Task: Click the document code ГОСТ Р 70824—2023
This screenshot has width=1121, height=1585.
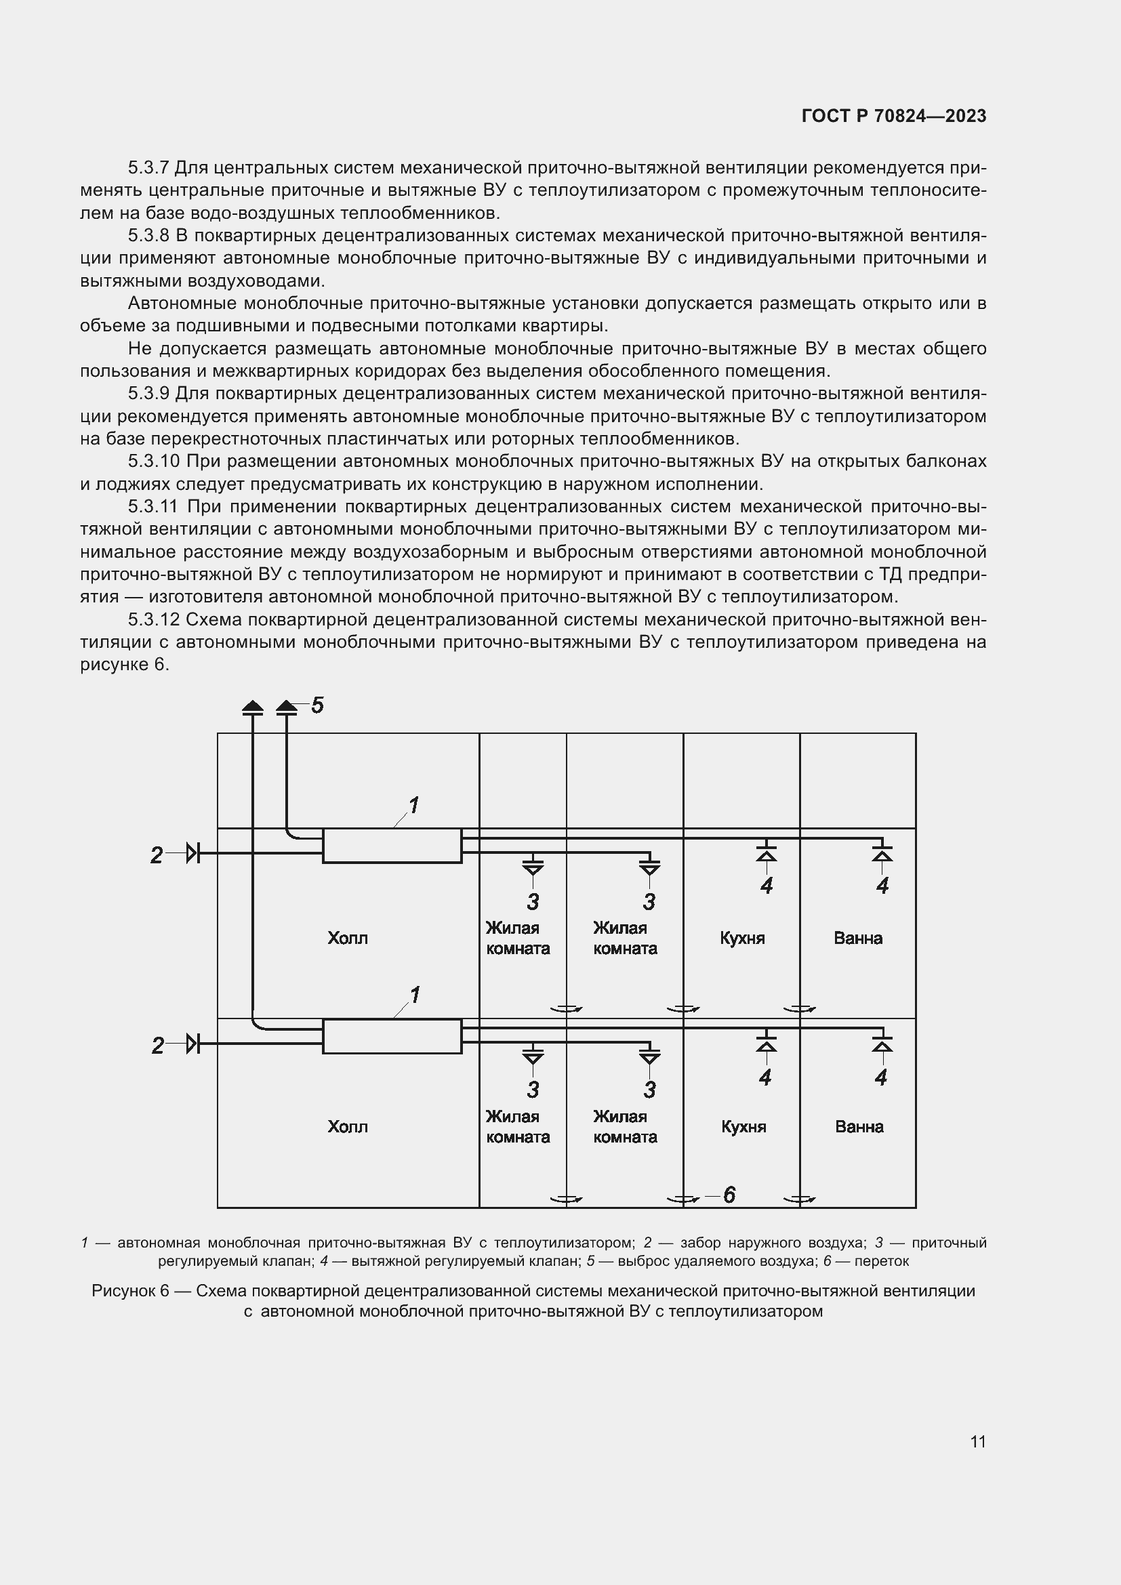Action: coord(893,116)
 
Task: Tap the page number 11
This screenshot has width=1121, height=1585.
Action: coord(977,1441)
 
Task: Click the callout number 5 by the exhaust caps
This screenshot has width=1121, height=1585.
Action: coord(317,705)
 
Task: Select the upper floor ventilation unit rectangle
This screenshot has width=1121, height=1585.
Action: coord(392,846)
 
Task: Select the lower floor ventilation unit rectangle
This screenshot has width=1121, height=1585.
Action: coord(392,1036)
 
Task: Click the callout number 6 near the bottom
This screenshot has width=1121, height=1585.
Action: coord(729,1195)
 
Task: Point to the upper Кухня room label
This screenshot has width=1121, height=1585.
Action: coord(742,938)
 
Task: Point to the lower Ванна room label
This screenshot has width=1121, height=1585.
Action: coord(859,1127)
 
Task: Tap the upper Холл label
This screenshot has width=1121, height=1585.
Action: coord(347,938)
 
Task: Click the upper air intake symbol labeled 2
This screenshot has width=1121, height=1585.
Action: coord(192,853)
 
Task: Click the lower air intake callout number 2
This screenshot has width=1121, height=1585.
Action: coord(157,1046)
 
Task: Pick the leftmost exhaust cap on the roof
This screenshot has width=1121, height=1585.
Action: coord(253,707)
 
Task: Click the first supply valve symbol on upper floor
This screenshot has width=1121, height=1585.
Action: coord(533,867)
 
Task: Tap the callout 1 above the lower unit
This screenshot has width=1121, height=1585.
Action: coord(415,995)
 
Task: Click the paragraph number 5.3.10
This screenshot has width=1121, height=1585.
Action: coord(154,461)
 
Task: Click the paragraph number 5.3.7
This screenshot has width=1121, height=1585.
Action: coord(148,168)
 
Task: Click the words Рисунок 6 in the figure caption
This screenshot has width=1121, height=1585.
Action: coord(130,1291)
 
